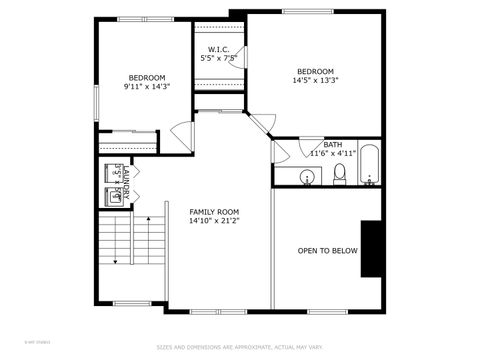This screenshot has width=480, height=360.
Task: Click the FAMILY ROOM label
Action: pos(215,211)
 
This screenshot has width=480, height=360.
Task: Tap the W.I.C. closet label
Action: pos(219,50)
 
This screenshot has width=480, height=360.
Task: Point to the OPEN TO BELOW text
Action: pos(327,250)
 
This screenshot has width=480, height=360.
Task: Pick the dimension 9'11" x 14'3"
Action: pos(146,87)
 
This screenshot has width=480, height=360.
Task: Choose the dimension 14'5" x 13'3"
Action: pos(315,81)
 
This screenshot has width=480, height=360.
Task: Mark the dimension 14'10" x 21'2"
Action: pos(215,221)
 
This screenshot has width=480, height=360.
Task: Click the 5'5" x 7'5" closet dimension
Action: pos(219,59)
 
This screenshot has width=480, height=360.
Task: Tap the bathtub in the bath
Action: pos(370,166)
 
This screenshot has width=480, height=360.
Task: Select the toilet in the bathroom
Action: pos(339,174)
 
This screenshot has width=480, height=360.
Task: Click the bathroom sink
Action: pos(307,177)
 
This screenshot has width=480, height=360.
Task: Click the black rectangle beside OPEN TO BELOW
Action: pos(372,249)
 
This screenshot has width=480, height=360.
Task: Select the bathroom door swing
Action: pos(281,152)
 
